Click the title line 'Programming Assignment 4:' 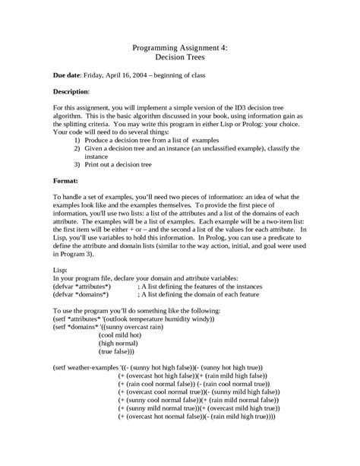coord(179,46)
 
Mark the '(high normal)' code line coord(118,344)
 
